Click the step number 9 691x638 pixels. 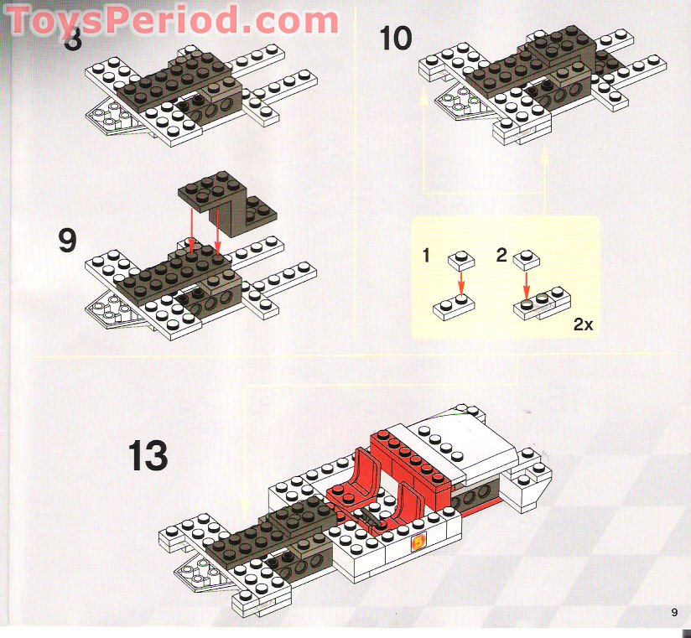point(68,241)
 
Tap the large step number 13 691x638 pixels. point(148,456)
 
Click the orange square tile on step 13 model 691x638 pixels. point(418,543)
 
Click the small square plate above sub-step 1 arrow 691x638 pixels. point(460,260)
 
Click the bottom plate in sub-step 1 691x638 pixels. point(454,307)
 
